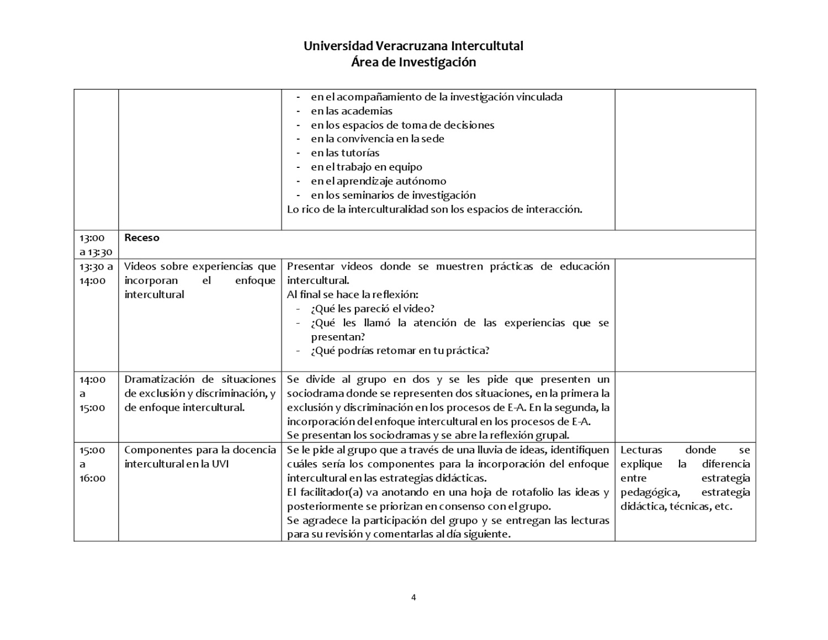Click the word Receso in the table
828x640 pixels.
coord(142,238)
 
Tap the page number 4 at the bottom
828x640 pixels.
coord(413,597)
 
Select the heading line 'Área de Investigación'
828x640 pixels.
coord(413,62)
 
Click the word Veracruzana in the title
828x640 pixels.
coord(412,46)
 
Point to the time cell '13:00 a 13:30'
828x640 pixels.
coord(95,245)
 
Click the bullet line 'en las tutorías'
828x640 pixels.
coord(345,153)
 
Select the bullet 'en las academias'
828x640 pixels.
coord(352,111)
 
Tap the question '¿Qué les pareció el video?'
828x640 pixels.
coord(373,309)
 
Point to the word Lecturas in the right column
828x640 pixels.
coord(641,450)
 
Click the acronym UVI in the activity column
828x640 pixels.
coord(220,464)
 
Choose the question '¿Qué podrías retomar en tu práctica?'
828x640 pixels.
coord(400,351)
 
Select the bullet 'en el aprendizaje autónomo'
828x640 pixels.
coord(378,181)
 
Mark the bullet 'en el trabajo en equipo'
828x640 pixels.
coord(367,167)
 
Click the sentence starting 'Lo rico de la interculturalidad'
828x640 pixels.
coord(434,209)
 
